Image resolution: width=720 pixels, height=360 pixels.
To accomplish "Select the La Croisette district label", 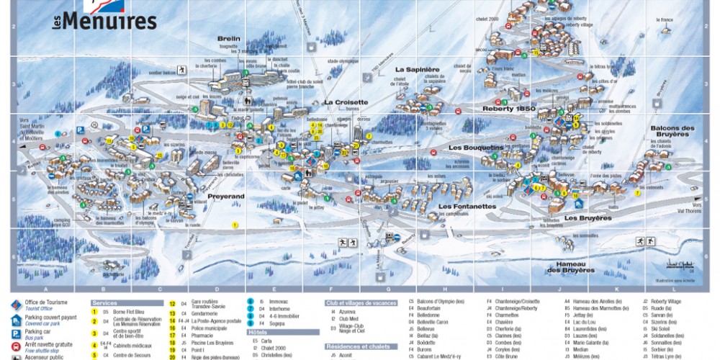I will pyautogui.click(x=346, y=102).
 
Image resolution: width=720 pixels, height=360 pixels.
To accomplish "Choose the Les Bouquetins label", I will pyautogui.click(x=476, y=148).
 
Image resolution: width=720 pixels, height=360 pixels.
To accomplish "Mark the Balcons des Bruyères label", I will pyautogui.click(x=673, y=132).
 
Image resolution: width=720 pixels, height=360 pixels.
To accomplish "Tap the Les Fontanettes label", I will pyautogui.click(x=467, y=206).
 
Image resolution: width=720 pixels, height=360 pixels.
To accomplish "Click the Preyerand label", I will pyautogui.click(x=226, y=195).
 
